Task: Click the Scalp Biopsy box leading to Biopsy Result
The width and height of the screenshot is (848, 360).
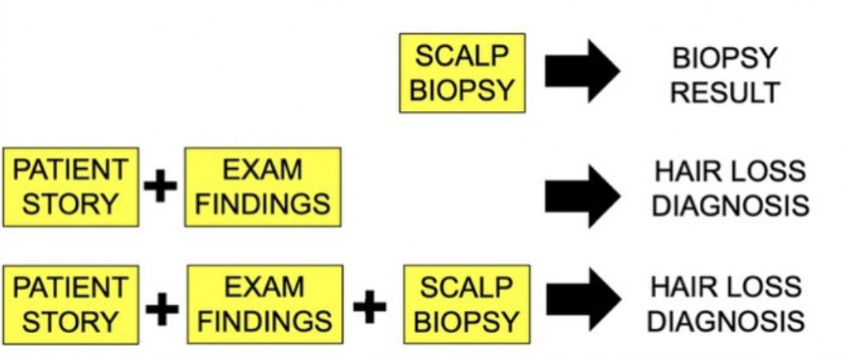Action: [x=462, y=72]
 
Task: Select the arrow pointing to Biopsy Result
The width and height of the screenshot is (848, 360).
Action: [x=582, y=72]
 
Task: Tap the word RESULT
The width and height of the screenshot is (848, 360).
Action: [x=724, y=93]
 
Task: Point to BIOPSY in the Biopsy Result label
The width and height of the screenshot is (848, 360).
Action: [x=724, y=58]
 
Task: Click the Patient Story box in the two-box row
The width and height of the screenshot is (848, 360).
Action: [x=71, y=186]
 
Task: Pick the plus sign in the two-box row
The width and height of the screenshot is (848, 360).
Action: [x=160, y=188]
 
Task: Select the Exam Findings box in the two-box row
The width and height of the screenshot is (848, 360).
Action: [x=262, y=186]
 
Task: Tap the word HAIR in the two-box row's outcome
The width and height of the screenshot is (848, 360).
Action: [x=685, y=171]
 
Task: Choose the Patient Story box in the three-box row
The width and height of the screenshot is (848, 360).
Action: [x=71, y=304]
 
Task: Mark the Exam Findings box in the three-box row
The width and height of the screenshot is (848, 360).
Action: [x=265, y=304]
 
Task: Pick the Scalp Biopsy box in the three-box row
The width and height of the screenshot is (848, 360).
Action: [x=467, y=304]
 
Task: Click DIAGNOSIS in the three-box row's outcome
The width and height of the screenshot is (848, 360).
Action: [x=728, y=321]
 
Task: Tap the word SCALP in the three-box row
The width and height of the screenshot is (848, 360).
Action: [x=467, y=287]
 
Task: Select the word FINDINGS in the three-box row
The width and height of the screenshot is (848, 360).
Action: [x=265, y=321]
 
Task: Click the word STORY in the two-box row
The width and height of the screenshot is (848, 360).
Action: [x=71, y=204]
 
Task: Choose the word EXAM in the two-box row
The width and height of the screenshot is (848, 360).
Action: [x=262, y=170]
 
